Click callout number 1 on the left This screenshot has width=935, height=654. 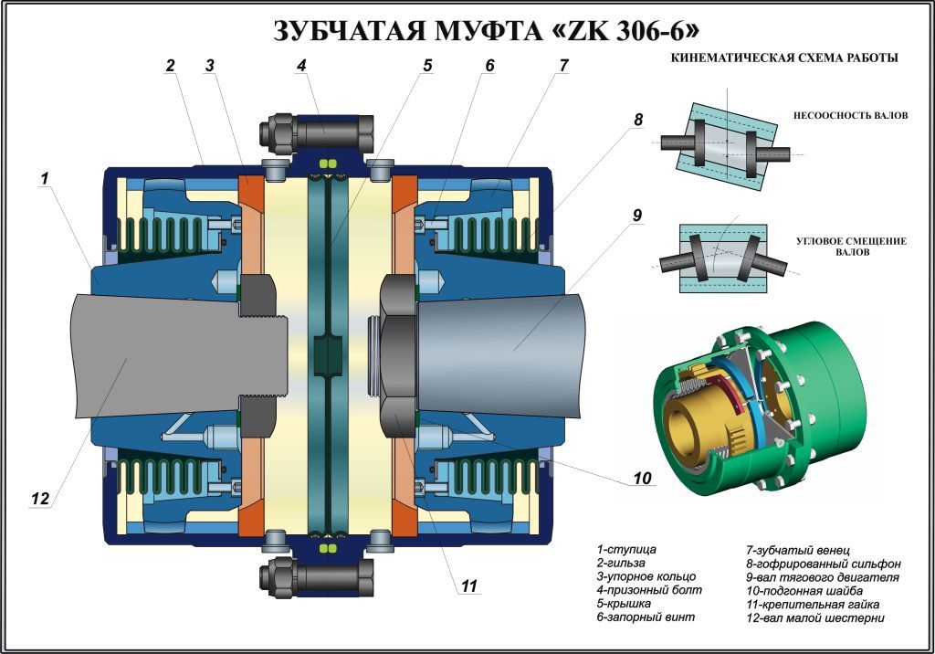(x=43, y=180)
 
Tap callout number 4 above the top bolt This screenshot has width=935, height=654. (x=300, y=66)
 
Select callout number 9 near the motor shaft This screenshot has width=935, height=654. (x=636, y=216)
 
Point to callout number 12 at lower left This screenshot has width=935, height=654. (x=39, y=499)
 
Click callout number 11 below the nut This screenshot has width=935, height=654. (x=468, y=586)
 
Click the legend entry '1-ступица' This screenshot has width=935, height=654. (x=626, y=549)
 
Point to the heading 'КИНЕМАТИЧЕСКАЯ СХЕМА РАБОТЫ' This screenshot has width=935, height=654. (x=784, y=58)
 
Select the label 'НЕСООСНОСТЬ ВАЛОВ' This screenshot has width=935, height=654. (x=850, y=116)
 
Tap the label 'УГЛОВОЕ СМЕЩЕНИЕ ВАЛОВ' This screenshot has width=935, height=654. (x=850, y=247)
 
